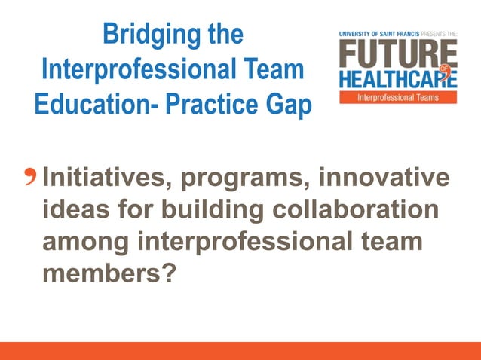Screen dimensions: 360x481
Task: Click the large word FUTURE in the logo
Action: (x=398, y=53)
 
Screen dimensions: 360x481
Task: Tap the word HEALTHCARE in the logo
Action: (x=396, y=80)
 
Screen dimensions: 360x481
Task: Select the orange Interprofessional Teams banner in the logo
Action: (x=398, y=98)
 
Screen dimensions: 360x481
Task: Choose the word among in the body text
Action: (x=87, y=242)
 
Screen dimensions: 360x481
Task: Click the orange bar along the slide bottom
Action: (x=240, y=350)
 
